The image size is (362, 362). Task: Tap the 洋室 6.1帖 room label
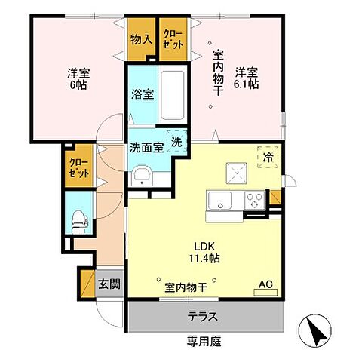click(x=245, y=78)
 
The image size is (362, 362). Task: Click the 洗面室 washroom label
click(x=146, y=148)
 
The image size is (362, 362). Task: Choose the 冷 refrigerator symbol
click(x=268, y=157)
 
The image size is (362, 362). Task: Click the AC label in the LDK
click(x=265, y=284)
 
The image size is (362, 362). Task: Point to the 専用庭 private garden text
click(x=202, y=341)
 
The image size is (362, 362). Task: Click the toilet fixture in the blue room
click(x=78, y=219)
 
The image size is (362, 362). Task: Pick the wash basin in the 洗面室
click(x=141, y=176)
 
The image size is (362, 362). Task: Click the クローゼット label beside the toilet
click(x=78, y=167)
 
